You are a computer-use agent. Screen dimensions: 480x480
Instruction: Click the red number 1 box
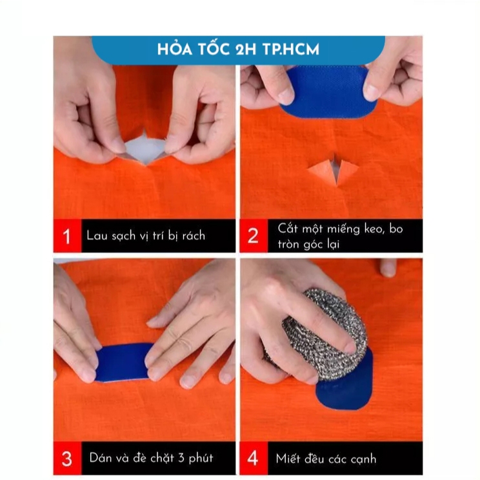point(67,235)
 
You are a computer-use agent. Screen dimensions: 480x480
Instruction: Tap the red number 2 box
point(254,235)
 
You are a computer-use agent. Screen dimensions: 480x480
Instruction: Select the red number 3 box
point(67,458)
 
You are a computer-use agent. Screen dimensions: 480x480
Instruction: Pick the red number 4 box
point(254,458)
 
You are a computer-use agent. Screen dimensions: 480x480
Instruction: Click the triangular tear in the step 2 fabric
point(333,170)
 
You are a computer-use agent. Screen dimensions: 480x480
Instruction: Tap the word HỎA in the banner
point(175,49)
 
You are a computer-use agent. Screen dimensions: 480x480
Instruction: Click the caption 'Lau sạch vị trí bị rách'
point(146,236)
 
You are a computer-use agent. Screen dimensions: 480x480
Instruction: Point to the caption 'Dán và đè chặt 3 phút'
point(151,458)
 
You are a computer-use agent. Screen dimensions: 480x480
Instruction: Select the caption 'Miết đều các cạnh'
point(326,459)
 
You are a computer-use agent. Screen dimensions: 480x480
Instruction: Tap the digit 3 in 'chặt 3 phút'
point(181,458)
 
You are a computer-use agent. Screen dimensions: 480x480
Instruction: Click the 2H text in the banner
point(246,50)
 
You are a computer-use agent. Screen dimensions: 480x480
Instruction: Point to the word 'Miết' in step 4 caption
point(288,459)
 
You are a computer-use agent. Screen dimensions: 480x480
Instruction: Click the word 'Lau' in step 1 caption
point(97,235)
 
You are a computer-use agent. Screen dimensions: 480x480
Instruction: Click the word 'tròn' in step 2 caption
point(289,245)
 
